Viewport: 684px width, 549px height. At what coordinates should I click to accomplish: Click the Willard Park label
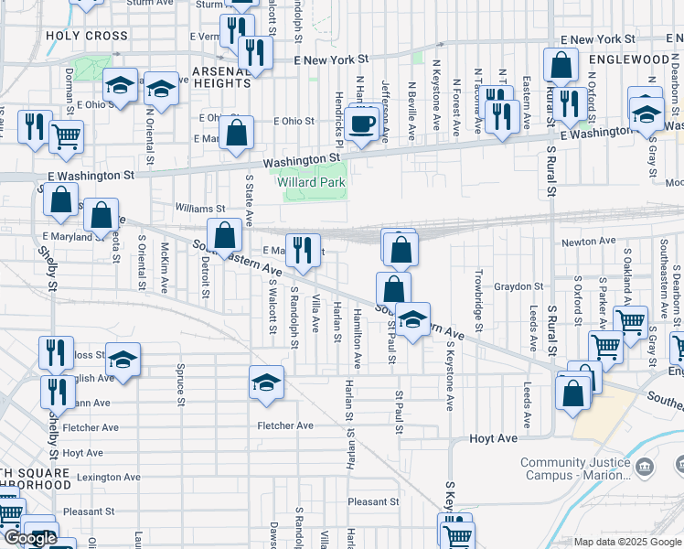click(311, 181)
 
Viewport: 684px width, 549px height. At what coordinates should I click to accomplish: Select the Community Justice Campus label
click(574, 468)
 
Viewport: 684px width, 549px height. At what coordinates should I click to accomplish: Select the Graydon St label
click(519, 286)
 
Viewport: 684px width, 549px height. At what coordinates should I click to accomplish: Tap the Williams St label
click(201, 209)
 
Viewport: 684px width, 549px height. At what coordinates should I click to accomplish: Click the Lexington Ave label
click(109, 477)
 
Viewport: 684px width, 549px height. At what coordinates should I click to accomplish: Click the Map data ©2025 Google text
click(627, 542)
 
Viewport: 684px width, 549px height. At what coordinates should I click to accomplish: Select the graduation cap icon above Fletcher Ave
click(266, 382)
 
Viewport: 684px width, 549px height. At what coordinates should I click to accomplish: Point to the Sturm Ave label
click(150, 4)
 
